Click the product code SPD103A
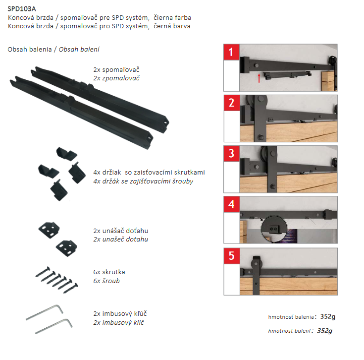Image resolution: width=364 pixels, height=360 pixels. click(22, 9)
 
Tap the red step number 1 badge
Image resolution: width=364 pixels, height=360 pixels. click(231, 52)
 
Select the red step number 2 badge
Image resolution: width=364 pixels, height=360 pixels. click(232, 103)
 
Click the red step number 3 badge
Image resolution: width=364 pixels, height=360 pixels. click(231, 154)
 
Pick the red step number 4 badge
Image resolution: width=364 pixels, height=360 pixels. click(231, 204)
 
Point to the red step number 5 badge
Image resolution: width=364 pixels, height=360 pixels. click(231, 256)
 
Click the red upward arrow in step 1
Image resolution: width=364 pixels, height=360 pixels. click(259, 78)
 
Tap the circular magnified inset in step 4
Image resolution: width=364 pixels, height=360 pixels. click(274, 229)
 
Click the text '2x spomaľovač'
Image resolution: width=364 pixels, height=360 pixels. click(116, 70)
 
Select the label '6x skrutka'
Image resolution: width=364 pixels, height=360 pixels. click(109, 272)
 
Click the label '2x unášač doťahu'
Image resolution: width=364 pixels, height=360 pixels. click(121, 231)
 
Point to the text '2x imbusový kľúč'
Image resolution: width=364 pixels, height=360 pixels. click(120, 314)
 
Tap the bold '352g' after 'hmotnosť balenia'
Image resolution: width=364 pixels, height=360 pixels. click(327, 317)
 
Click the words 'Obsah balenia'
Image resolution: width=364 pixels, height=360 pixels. click(30, 49)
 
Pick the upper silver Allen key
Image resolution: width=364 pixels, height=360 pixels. click(45, 312)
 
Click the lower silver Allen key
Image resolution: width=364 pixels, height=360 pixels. click(54, 326)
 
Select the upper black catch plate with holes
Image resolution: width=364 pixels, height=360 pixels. click(49, 230)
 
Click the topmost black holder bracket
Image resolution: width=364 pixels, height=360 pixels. click(67, 154)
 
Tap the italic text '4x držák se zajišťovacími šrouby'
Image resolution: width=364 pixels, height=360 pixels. click(143, 181)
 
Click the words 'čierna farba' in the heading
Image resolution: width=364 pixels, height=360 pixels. click(172, 18)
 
